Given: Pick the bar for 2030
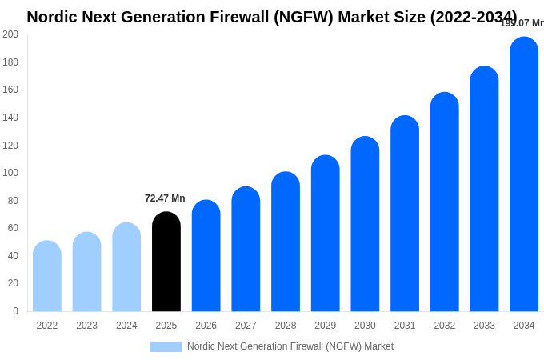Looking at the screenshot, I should coord(365,224).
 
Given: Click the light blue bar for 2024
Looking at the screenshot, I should coord(126,267).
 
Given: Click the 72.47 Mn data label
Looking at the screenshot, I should coord(165,198).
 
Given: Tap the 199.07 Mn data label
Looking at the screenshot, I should coord(522,23).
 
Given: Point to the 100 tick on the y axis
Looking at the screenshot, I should coord(10,173).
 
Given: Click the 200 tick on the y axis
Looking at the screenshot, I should coord(10,34).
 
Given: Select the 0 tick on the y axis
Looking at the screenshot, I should coord(15,311).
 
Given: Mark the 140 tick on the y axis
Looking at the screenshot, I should coord(10,118).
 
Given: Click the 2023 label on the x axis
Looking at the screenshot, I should coord(86,326).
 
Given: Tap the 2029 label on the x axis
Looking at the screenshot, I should coord(325,326).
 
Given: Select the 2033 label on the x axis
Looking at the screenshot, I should coord(484,326).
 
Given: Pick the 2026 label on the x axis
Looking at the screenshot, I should coord(206,326).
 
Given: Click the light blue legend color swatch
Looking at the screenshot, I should coord(166,347).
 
